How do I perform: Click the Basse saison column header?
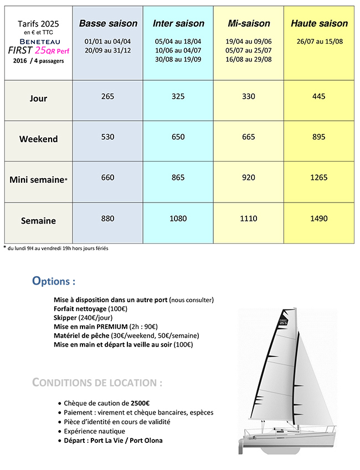(x=108, y=24)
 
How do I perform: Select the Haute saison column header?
(x=319, y=24)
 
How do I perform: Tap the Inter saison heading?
(x=178, y=24)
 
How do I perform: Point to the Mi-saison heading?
(x=249, y=24)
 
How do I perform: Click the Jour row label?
(x=38, y=99)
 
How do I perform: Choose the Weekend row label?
(x=38, y=139)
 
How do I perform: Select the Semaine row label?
(x=38, y=220)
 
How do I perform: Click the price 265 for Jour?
(x=108, y=96)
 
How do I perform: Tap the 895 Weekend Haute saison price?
(x=319, y=137)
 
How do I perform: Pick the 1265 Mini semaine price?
(x=319, y=178)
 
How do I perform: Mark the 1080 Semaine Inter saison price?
(x=178, y=219)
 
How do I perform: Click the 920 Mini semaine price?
(x=249, y=178)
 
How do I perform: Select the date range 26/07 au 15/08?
(x=319, y=42)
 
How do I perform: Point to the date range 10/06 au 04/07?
(x=178, y=50)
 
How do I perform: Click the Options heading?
(x=54, y=281)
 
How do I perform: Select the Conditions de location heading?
(x=97, y=383)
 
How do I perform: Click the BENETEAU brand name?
(x=38, y=41)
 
